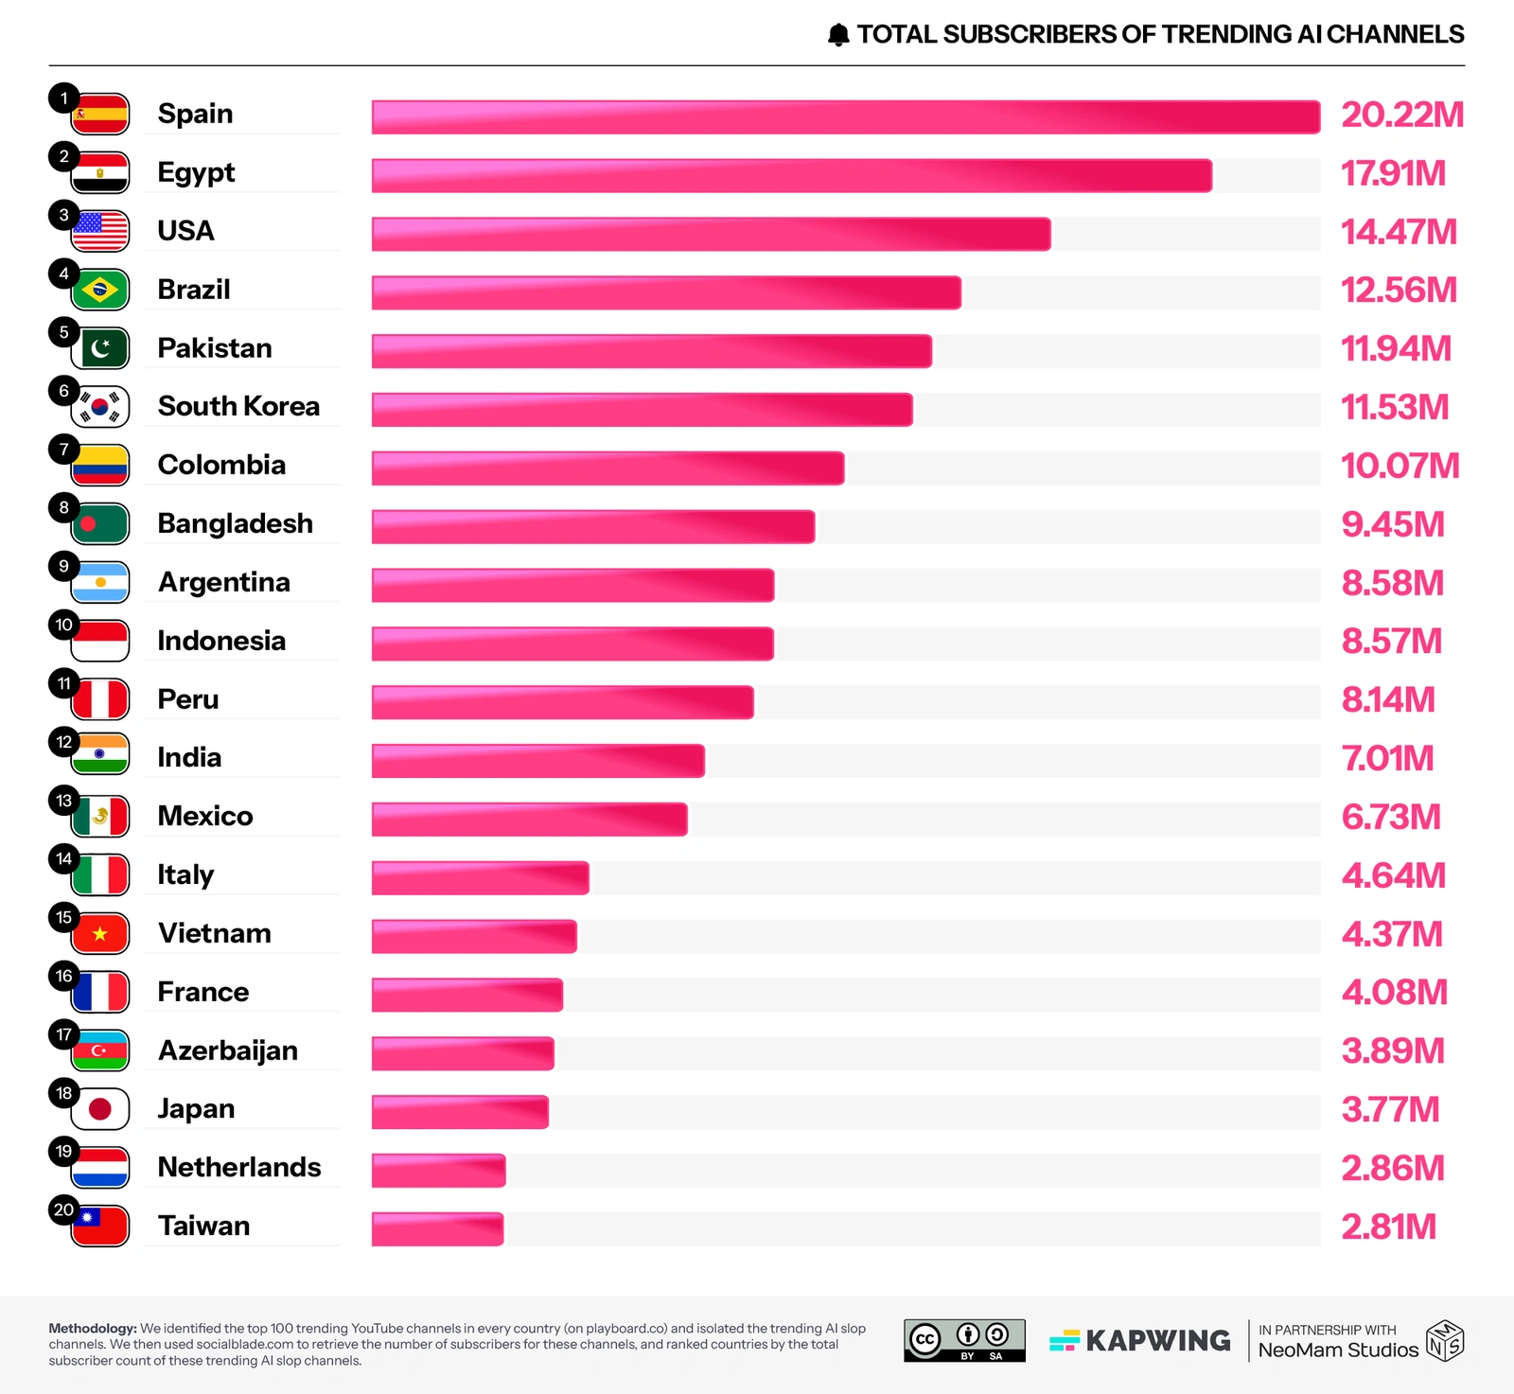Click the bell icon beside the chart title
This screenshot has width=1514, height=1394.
click(838, 35)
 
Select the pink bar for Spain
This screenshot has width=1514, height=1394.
click(845, 116)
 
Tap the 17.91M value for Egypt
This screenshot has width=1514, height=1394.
click(1393, 174)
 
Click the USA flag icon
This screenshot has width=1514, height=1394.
click(101, 231)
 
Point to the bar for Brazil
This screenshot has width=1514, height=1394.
click(666, 292)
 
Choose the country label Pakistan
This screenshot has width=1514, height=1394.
click(215, 348)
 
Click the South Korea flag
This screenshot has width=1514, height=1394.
click(100, 407)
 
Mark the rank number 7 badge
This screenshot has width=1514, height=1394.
click(63, 449)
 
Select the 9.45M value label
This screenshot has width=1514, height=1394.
click(1393, 524)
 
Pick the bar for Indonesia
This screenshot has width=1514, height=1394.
click(572, 644)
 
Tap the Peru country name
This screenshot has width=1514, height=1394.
click(188, 699)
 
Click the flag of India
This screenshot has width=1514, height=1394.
click(100, 755)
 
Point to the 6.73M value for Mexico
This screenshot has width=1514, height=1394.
click(1391, 817)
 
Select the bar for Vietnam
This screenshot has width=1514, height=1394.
click(474, 936)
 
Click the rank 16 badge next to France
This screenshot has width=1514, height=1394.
click(63, 976)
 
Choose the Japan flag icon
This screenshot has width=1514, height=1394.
click(100, 1109)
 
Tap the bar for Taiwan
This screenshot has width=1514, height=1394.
click(437, 1228)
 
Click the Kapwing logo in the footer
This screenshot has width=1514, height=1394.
click(1140, 1341)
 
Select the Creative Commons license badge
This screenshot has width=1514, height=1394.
click(964, 1340)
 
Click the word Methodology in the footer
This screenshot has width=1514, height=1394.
click(92, 1329)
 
